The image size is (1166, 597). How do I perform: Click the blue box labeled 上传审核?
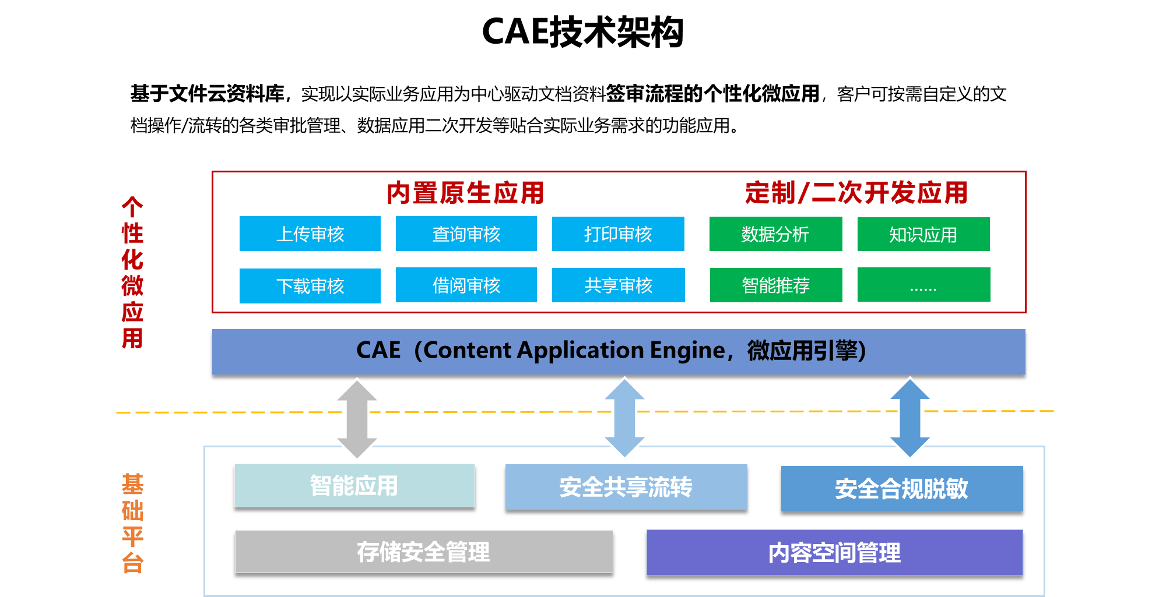tap(310, 234)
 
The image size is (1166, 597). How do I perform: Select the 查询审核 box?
tap(466, 234)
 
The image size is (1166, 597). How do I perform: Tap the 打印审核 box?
tap(618, 234)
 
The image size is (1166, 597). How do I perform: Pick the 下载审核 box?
tap(310, 285)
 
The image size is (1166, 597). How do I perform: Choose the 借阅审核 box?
tap(466, 285)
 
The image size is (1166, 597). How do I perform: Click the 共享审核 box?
tap(618, 285)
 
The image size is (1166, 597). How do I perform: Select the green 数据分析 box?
tap(775, 234)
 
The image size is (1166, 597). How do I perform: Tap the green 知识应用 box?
tap(923, 234)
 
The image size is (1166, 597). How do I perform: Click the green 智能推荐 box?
tap(775, 285)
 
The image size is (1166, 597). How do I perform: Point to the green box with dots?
tap(923, 284)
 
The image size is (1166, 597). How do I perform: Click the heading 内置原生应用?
tap(465, 193)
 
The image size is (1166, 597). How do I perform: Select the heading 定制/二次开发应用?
tap(856, 193)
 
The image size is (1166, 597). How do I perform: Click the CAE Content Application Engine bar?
tap(618, 351)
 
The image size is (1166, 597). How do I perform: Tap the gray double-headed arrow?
tap(357, 419)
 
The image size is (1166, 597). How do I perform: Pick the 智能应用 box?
tap(354, 485)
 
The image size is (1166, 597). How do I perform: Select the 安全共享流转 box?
tap(626, 487)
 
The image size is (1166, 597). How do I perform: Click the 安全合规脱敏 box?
tap(901, 489)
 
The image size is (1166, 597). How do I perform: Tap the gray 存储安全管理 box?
tap(424, 552)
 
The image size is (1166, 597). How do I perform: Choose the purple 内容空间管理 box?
tap(834, 552)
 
